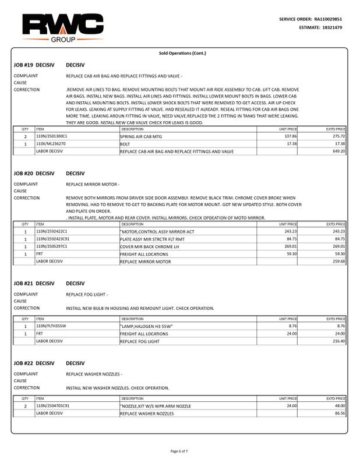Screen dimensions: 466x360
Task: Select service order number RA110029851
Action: (329, 19)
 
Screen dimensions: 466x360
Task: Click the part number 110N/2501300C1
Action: (51, 136)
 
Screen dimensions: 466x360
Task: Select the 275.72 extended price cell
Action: (337, 136)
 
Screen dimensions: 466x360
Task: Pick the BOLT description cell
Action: (125, 143)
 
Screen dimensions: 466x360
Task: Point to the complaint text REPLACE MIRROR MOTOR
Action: (93, 185)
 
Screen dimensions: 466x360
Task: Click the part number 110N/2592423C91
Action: (53, 239)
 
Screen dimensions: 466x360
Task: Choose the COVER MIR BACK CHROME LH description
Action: (146, 246)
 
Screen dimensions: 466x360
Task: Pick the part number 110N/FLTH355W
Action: (51, 326)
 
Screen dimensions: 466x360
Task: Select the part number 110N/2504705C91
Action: (53, 405)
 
